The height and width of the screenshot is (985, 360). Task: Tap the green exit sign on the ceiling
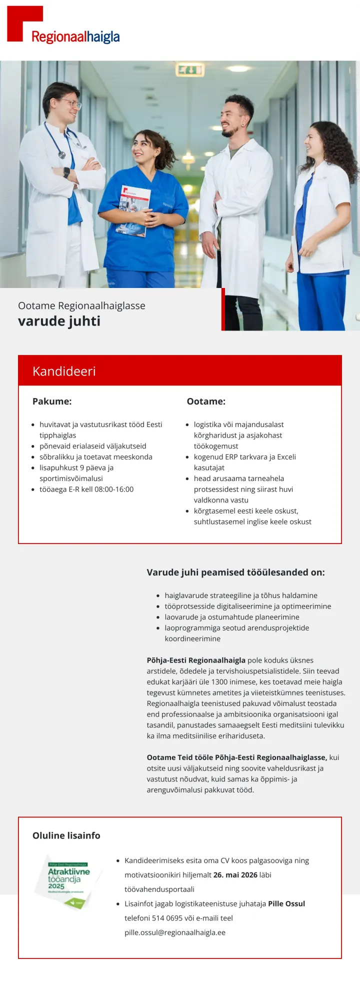click(x=190, y=69)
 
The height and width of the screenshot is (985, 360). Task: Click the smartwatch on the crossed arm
click(x=66, y=172)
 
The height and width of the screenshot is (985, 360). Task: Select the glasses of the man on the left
click(x=71, y=104)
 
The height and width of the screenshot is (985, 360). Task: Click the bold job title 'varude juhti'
click(x=59, y=321)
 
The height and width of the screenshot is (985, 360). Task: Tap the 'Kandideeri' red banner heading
click(x=64, y=371)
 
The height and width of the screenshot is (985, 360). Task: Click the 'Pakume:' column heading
click(x=52, y=401)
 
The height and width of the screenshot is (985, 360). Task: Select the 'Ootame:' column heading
click(x=206, y=401)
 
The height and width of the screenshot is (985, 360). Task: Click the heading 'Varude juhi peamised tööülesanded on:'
click(x=235, y=572)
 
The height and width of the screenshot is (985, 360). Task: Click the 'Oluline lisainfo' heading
click(x=66, y=835)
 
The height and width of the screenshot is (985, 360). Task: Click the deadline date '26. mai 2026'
click(x=235, y=874)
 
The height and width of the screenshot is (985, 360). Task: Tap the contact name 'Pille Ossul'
click(x=286, y=903)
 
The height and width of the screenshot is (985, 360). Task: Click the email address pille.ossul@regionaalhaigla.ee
click(x=175, y=932)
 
